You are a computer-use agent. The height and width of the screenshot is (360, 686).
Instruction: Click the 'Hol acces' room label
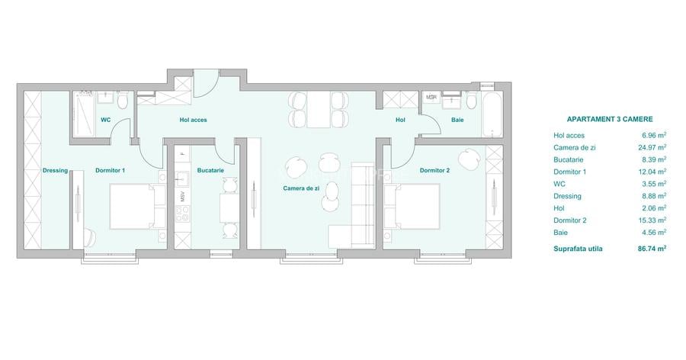[x=193, y=120]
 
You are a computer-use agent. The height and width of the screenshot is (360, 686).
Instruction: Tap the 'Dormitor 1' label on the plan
[x=111, y=170]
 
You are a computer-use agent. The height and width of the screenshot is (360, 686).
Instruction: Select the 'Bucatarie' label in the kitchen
[x=210, y=170]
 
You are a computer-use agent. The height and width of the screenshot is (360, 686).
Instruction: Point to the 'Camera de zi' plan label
[x=300, y=188]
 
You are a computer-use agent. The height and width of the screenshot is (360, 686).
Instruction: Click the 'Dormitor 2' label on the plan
[x=434, y=170]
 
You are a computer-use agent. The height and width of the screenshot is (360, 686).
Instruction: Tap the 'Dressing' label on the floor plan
[x=56, y=170]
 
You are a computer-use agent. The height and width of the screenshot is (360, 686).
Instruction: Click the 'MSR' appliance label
[x=431, y=98]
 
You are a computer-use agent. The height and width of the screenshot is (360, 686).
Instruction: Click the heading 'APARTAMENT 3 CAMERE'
[x=610, y=120]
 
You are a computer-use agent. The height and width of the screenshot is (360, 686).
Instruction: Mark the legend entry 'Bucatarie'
[x=569, y=159]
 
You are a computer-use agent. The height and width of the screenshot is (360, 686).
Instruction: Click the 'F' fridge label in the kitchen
[x=183, y=153]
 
